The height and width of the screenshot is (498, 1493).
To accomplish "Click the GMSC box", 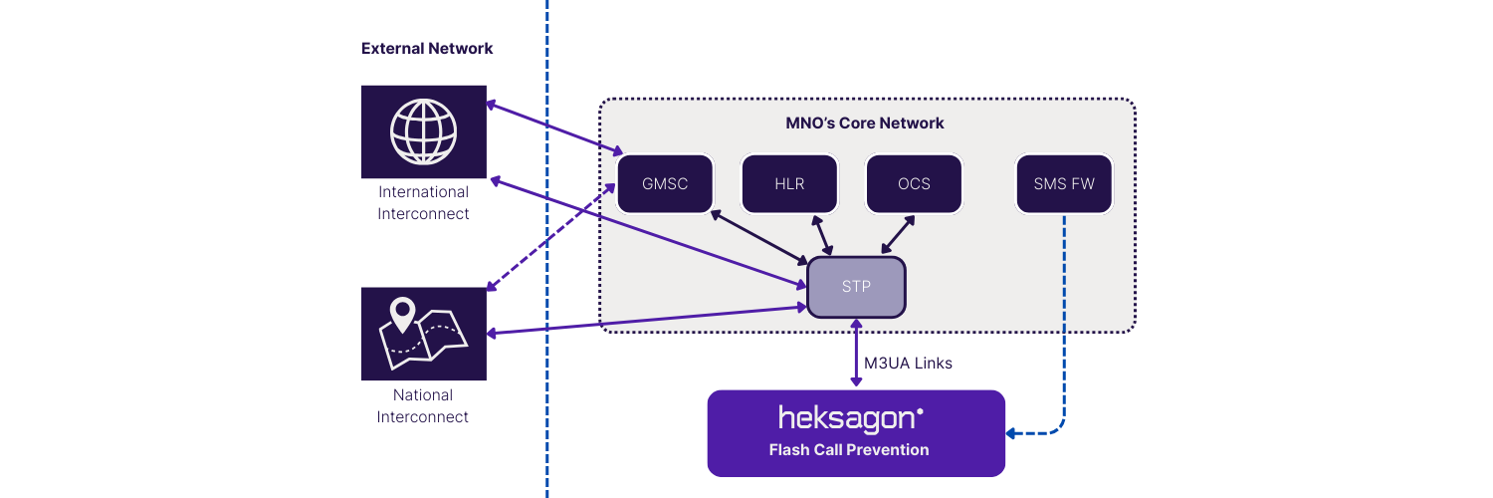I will (665, 184).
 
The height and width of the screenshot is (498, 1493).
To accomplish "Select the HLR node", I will (789, 184).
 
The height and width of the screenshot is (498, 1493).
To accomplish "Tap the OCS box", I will (914, 184).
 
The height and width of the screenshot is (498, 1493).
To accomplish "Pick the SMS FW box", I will (1064, 184).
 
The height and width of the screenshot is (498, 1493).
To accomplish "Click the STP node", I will (856, 287).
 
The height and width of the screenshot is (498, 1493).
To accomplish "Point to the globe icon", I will (423, 130).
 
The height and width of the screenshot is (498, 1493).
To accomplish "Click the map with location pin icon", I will (423, 334).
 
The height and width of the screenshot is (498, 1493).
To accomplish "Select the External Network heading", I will (427, 49).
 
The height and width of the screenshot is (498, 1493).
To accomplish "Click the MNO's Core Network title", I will (864, 124).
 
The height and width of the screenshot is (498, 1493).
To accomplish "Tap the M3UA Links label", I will (908, 364).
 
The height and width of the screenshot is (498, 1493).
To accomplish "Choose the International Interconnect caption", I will (423, 203).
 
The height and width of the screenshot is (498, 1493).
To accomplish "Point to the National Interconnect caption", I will (423, 406).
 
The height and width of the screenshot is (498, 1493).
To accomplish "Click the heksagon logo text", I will (850, 416).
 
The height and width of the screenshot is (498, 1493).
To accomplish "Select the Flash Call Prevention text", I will (849, 450).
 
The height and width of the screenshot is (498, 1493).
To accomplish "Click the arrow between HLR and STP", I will (825, 235).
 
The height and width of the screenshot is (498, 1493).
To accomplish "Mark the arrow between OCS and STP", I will (897, 235).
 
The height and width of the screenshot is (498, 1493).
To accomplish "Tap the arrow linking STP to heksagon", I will (856, 354).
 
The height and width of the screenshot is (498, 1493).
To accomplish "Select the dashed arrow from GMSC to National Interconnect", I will (551, 237).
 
